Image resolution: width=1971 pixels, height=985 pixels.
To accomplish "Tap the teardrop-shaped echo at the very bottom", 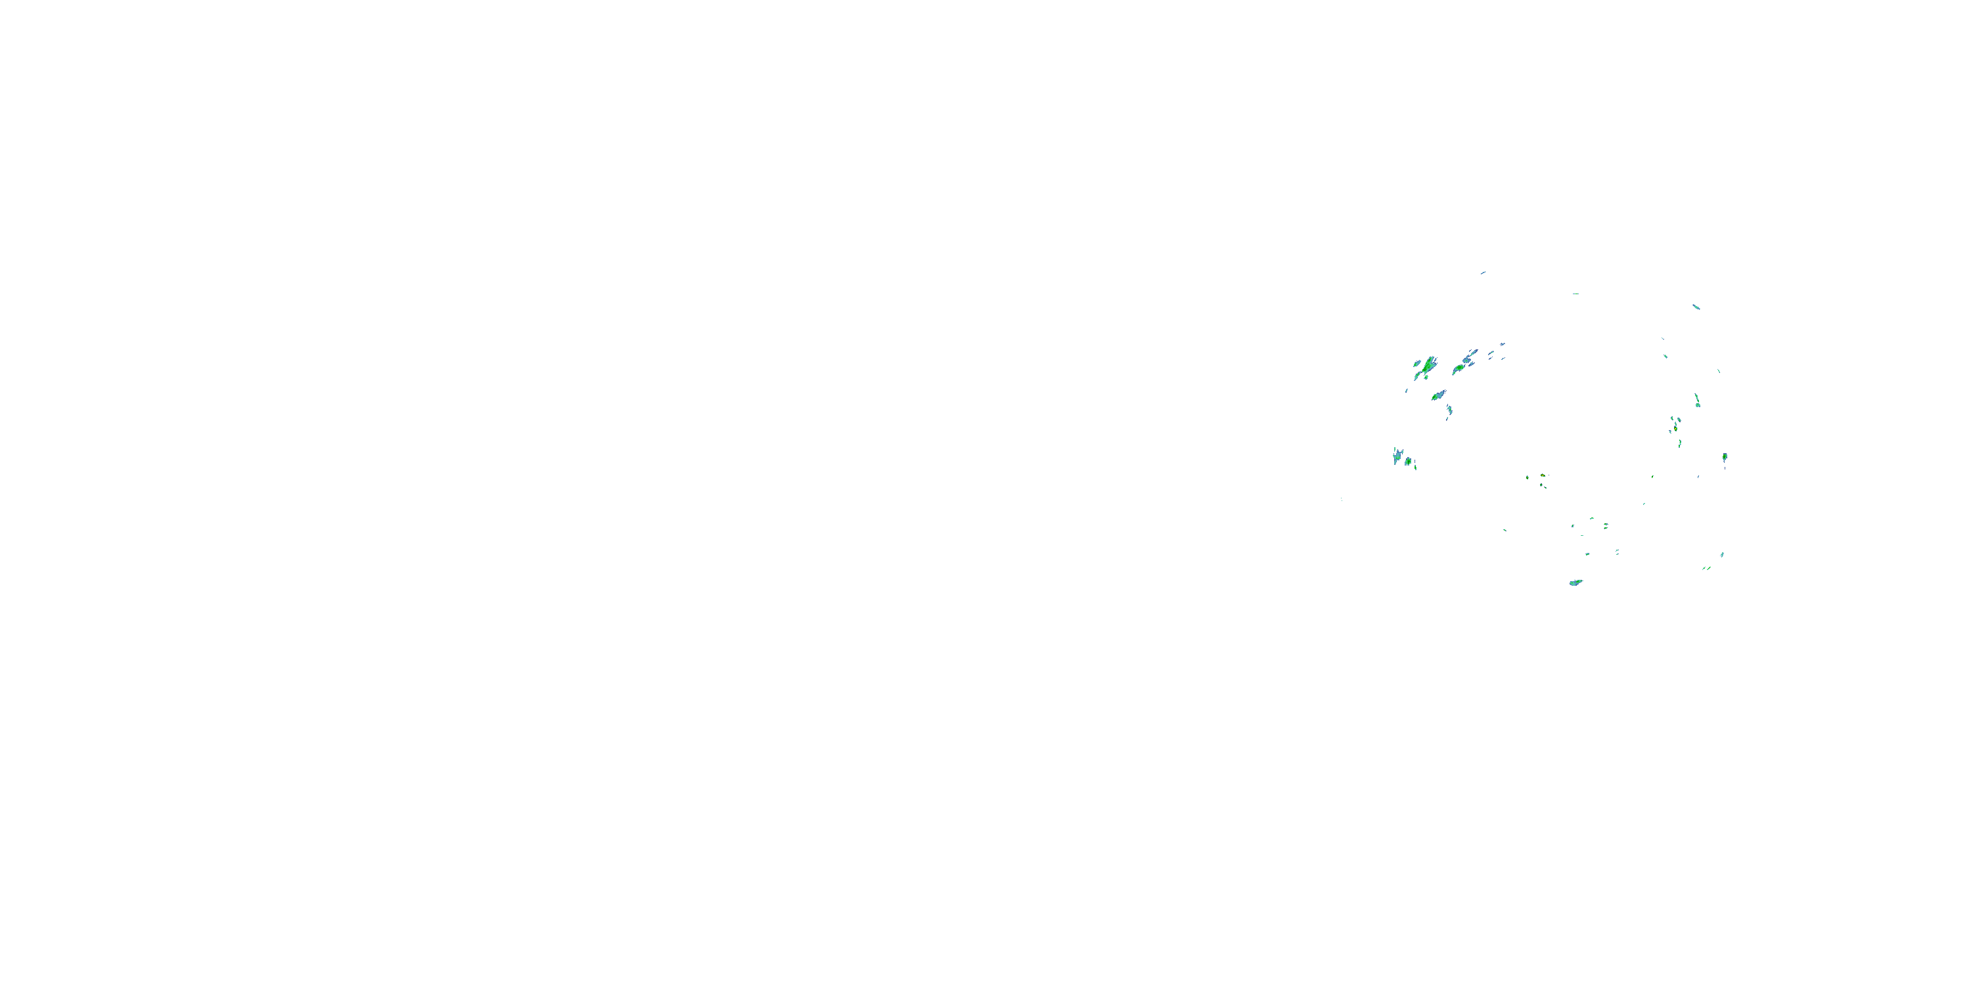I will tap(1575, 582).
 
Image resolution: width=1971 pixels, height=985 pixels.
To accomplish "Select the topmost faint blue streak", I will tap(1483, 273).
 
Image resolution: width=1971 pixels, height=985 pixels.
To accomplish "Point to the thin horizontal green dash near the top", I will tap(1575, 294).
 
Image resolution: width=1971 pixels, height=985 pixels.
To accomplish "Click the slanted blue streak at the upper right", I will tap(1696, 307).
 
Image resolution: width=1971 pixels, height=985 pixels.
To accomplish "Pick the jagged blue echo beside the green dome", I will tap(1397, 456).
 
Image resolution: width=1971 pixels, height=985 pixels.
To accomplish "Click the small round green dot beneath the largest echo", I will tap(1426, 377).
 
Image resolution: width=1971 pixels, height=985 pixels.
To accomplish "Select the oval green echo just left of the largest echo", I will tap(1417, 363).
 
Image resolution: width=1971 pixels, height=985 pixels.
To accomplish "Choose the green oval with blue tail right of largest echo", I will tap(1459, 368).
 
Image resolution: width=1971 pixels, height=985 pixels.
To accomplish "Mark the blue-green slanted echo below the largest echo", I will tap(1438, 395).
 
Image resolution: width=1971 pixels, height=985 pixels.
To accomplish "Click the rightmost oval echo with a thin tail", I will tap(1725, 457).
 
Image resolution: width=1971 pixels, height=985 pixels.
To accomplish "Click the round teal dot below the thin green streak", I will tap(1697, 405).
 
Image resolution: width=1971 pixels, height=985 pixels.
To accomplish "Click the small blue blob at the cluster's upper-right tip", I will tap(1503, 345).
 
